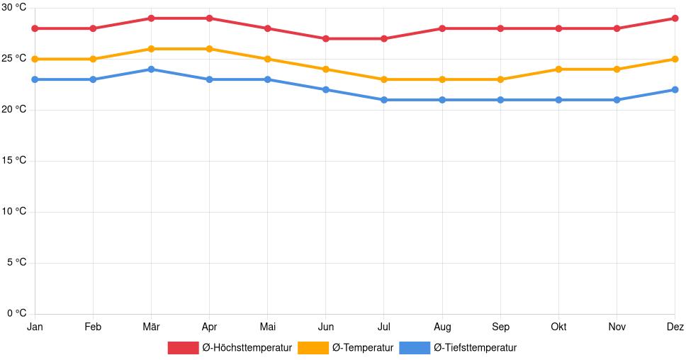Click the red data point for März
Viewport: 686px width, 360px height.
151,18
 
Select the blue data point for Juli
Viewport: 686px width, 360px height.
383,100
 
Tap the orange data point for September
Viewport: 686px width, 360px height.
500,79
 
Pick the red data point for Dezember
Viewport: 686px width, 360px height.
675,18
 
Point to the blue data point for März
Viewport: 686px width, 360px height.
151,69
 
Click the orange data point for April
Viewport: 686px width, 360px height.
209,49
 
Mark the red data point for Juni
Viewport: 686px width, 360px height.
325,38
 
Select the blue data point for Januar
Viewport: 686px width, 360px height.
35,79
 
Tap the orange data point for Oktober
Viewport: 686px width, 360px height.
558,69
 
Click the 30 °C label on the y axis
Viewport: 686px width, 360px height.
13,8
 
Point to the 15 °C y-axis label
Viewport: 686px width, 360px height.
13,161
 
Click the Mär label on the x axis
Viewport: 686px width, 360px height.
151,327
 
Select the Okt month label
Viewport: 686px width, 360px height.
558,327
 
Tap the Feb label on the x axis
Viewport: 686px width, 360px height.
93,327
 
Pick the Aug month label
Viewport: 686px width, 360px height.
442,327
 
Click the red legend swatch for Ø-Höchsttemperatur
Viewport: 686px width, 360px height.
183,347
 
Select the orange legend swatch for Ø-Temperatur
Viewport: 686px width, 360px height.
313,347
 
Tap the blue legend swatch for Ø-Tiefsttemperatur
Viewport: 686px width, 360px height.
415,347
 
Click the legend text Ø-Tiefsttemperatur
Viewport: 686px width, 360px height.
475,347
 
